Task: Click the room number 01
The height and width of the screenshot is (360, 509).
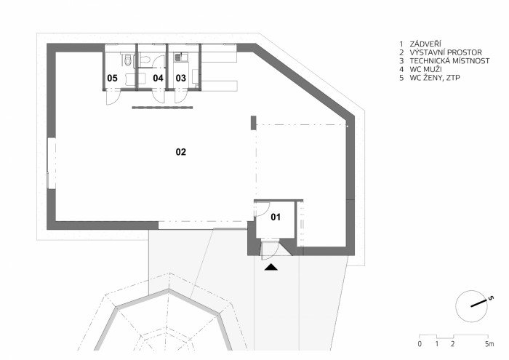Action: (275, 216)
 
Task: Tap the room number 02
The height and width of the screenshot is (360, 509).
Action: (181, 152)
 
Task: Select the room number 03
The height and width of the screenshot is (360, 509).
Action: (180, 77)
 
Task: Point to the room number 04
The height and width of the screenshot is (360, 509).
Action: (158, 77)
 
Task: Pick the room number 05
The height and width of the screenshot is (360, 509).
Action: (113, 77)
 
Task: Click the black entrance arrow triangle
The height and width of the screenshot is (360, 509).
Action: (270, 268)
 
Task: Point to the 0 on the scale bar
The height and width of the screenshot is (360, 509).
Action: (420, 343)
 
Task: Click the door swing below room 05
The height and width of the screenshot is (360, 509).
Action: (110, 97)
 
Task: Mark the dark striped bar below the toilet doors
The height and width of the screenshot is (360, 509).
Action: (162, 108)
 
